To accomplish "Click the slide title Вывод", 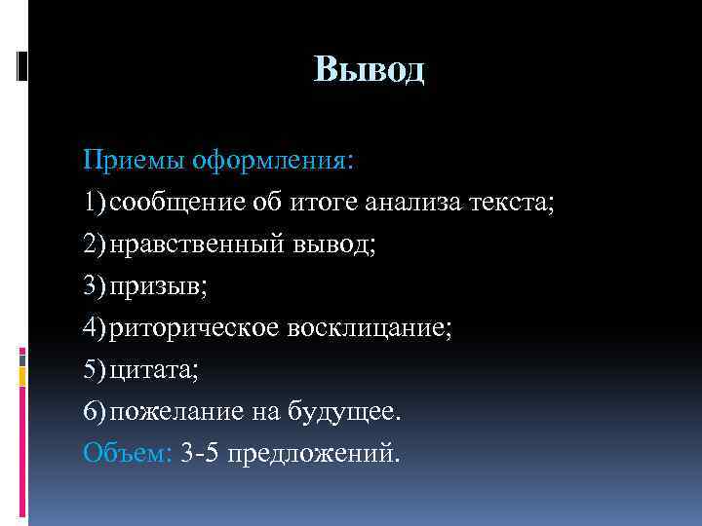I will pyautogui.click(x=370, y=70).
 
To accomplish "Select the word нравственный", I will pyautogui.click(x=197, y=244).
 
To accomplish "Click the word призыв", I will pyautogui.click(x=154, y=286).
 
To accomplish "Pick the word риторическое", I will pyautogui.click(x=194, y=328).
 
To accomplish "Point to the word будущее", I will pyautogui.click(x=342, y=412).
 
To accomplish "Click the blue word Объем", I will pyautogui.click(x=127, y=454).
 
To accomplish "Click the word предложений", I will pyautogui.click(x=312, y=454).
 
